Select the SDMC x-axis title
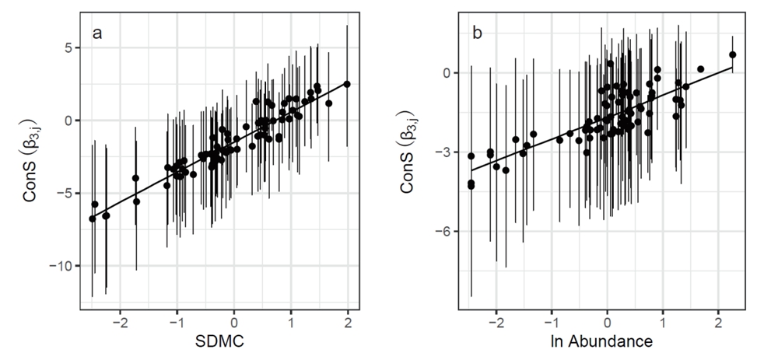click(x=219, y=341)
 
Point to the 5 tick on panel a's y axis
click(x=67, y=47)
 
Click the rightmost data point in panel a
click(x=347, y=84)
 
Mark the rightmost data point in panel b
click(x=732, y=54)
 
